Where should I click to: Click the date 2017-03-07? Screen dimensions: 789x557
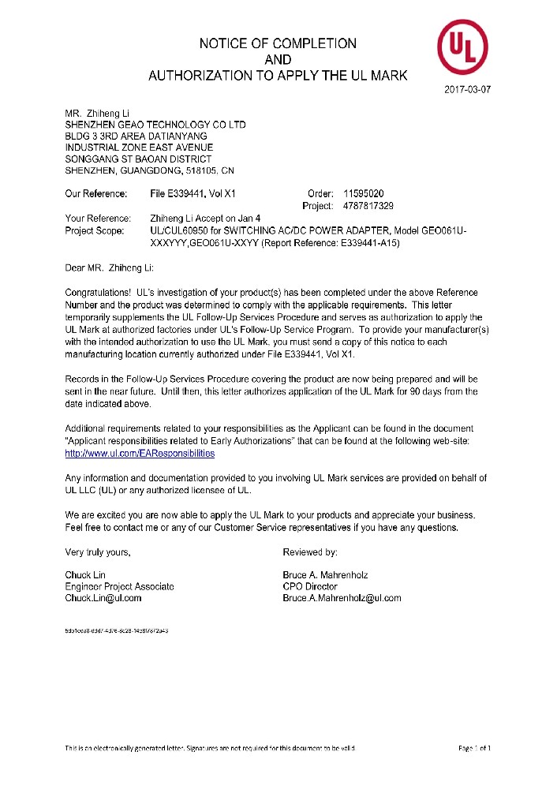(469, 90)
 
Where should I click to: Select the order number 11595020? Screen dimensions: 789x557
(364, 193)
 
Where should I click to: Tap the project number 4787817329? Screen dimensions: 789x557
(368, 206)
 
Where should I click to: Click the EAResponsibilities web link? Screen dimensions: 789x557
(140, 454)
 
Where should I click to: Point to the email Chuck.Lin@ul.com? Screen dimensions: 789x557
(103, 598)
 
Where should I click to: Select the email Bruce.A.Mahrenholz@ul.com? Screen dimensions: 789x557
(342, 598)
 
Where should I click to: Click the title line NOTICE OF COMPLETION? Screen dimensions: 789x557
(278, 43)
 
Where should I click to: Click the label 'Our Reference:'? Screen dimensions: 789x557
(95, 193)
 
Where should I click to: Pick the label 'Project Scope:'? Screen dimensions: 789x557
(95, 230)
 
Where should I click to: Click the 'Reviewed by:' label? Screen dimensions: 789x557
(310, 552)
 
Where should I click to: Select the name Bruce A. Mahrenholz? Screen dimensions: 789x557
(324, 575)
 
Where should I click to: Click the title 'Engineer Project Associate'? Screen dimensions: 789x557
(119, 586)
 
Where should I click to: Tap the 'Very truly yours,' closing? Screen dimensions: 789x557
(98, 552)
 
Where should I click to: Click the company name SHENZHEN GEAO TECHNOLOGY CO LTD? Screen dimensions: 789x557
(155, 125)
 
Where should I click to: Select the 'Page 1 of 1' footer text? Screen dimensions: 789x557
(474, 747)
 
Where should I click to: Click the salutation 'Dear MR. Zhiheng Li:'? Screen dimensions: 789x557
(114, 269)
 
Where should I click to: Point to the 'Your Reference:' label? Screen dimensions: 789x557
(97, 219)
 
